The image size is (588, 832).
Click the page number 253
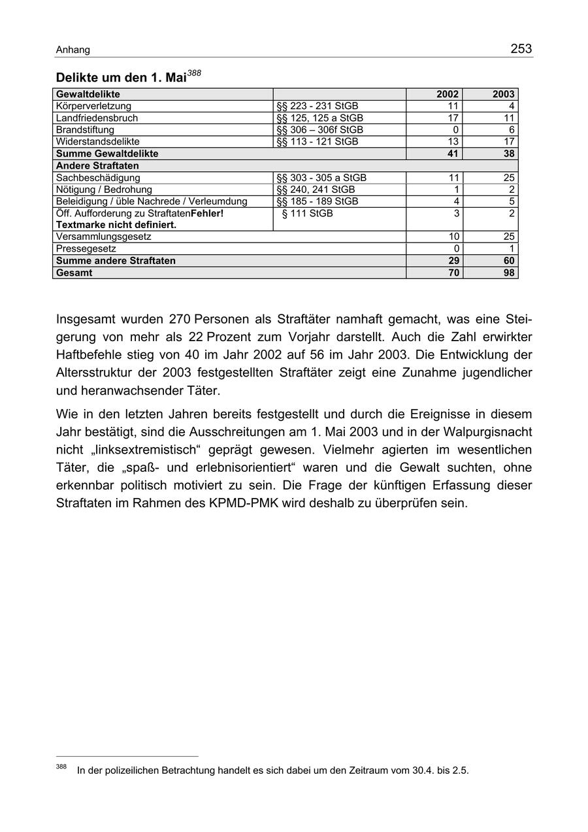pyautogui.click(x=521, y=49)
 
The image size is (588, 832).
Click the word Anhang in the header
pyautogui.click(x=73, y=50)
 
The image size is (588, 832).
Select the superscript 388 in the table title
pyautogui.click(x=194, y=75)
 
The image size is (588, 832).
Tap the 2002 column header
pyautogui.click(x=448, y=94)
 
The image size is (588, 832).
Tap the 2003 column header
pyautogui.click(x=504, y=94)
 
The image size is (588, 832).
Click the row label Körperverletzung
pyautogui.click(x=93, y=106)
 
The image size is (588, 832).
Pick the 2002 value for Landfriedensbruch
pyautogui.click(x=453, y=118)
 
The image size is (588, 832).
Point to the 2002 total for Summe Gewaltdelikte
pyautogui.click(x=452, y=154)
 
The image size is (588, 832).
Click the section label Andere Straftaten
pyautogui.click(x=97, y=166)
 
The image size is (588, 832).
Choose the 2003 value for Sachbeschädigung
pyautogui.click(x=509, y=178)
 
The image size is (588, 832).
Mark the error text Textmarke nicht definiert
pyautogui.click(x=116, y=225)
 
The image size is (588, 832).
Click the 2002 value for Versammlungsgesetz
pyautogui.click(x=453, y=237)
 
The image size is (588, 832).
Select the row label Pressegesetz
pyautogui.click(x=86, y=249)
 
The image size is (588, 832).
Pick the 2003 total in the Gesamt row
pyautogui.click(x=509, y=273)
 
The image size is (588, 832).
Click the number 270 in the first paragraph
pyautogui.click(x=179, y=320)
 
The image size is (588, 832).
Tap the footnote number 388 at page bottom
pyautogui.click(x=61, y=767)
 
